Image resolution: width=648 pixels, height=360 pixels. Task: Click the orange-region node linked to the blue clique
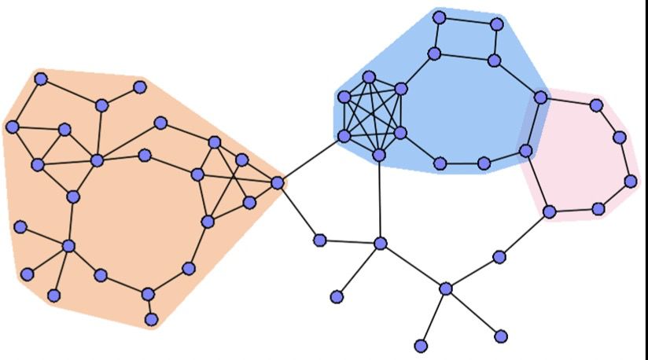[277, 182]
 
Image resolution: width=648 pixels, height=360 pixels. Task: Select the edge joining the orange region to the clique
[310, 160]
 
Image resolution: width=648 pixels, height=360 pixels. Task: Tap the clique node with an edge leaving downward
[379, 155]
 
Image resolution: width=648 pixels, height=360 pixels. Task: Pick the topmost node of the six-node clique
[368, 78]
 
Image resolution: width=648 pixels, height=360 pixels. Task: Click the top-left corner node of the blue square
[440, 17]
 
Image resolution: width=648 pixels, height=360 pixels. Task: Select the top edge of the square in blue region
[468, 20]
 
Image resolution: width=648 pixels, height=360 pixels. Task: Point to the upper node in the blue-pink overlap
[541, 97]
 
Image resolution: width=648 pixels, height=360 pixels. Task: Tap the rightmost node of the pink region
[631, 181]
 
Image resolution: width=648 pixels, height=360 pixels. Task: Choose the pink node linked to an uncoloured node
[550, 211]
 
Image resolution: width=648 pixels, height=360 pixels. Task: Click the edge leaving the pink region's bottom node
[525, 234]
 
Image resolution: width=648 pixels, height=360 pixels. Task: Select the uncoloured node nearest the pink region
[499, 257]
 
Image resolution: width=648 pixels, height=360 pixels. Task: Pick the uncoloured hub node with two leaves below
[446, 288]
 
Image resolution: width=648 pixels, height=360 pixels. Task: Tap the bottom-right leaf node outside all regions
[501, 336]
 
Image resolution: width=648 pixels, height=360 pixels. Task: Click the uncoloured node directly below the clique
[381, 244]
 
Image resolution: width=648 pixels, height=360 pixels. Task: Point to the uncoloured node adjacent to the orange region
[319, 240]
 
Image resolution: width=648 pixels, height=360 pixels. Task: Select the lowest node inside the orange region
[152, 319]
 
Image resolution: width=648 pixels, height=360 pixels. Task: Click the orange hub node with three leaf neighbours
[68, 246]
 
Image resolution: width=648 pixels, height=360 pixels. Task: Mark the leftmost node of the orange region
[12, 127]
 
